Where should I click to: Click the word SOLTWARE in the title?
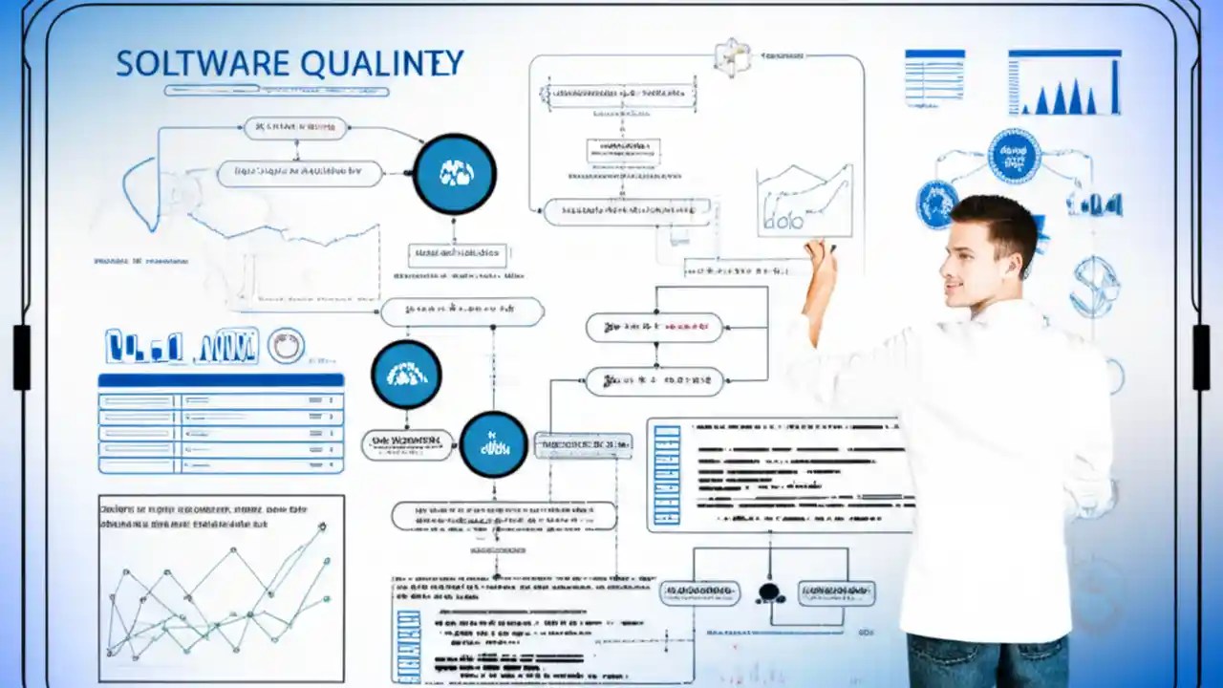pos(202,64)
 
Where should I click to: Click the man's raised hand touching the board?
pos(820,256)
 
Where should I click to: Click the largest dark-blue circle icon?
pos(455,173)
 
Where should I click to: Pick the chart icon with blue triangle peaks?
pos(1064,82)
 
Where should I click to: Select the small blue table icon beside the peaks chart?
pos(934,77)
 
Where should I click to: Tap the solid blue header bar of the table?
pos(221,380)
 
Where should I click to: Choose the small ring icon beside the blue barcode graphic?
pos(286,346)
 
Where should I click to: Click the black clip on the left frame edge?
pos(21,356)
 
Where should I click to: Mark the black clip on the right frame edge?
pos(1201,356)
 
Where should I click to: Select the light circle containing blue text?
pos(1014,156)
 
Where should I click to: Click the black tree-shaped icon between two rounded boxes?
pos(770,592)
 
